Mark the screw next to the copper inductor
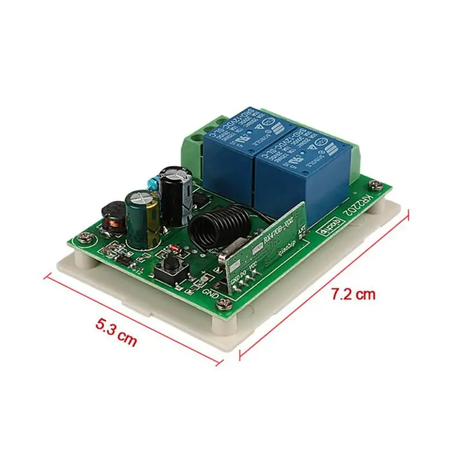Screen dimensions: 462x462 pyautogui.click(x=87, y=237)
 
